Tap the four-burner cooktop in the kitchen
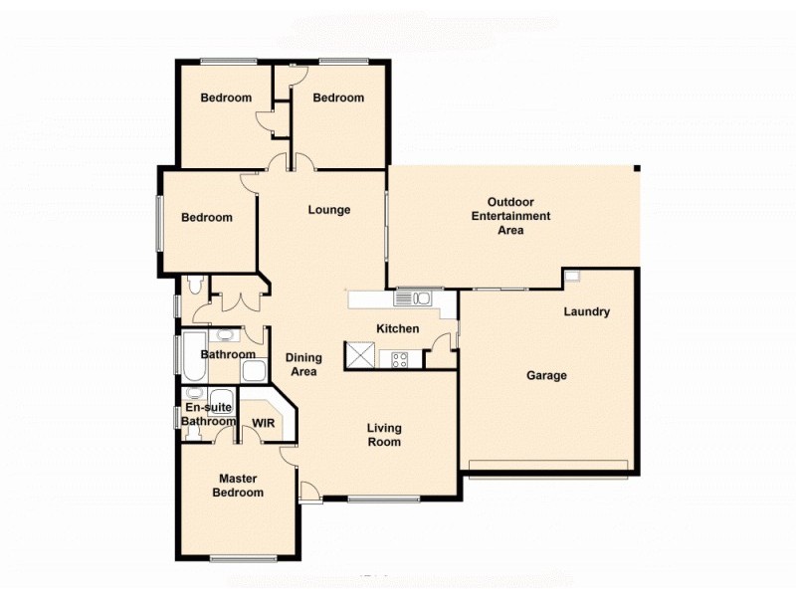[401, 360]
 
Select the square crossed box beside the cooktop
[359, 355]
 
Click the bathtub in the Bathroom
[190, 356]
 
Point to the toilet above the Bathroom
[194, 287]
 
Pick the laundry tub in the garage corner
[572, 277]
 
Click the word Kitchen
[397, 329]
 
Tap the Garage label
[546, 375]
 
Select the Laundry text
[586, 312]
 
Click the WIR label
[264, 423]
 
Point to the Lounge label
[328, 210]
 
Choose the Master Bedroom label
[240, 486]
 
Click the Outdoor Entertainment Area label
[510, 216]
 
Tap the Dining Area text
[303, 365]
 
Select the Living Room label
[384, 435]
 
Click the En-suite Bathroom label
[208, 414]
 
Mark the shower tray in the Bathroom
[253, 372]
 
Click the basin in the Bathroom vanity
[225, 335]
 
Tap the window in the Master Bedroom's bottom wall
[244, 558]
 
